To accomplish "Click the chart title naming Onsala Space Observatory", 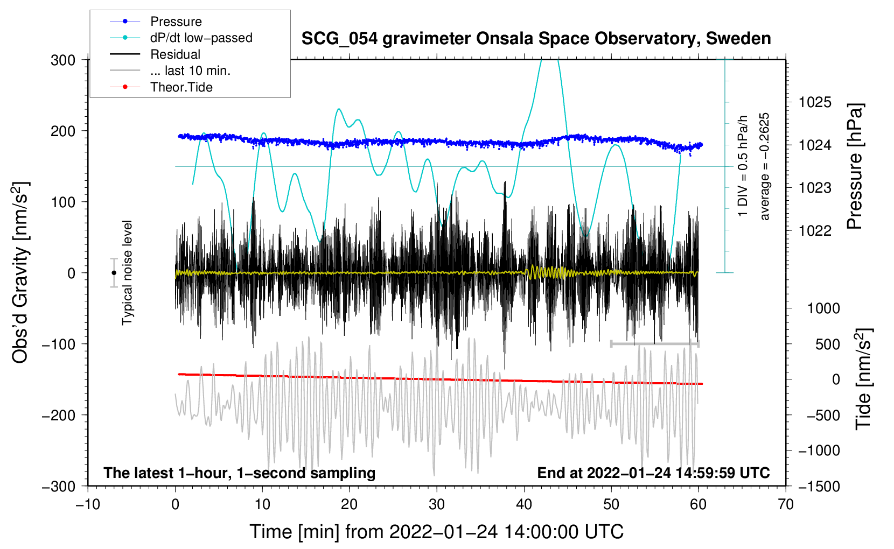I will click(x=536, y=39).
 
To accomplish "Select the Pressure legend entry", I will click(x=176, y=22).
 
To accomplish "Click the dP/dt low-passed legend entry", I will click(x=201, y=38).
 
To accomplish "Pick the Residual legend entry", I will click(x=175, y=54).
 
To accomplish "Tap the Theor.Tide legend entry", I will click(x=181, y=87).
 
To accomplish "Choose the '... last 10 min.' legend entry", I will click(x=190, y=71).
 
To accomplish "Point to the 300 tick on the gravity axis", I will click(x=63, y=60).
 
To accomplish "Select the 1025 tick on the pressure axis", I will click(x=815, y=102).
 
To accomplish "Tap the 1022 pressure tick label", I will click(x=815, y=230).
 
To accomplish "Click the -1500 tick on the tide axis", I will click(x=819, y=486).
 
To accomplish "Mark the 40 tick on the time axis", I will click(x=524, y=504).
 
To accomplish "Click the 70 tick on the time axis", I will click(x=786, y=504).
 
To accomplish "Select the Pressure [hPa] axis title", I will click(x=855, y=166).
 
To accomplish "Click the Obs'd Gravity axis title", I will click(x=20, y=273).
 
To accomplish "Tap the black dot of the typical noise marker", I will click(x=114, y=273).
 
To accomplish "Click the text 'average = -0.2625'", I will click(x=764, y=166).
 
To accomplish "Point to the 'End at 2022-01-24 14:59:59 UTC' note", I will click(x=653, y=473).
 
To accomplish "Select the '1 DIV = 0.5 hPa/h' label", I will click(x=743, y=166).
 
